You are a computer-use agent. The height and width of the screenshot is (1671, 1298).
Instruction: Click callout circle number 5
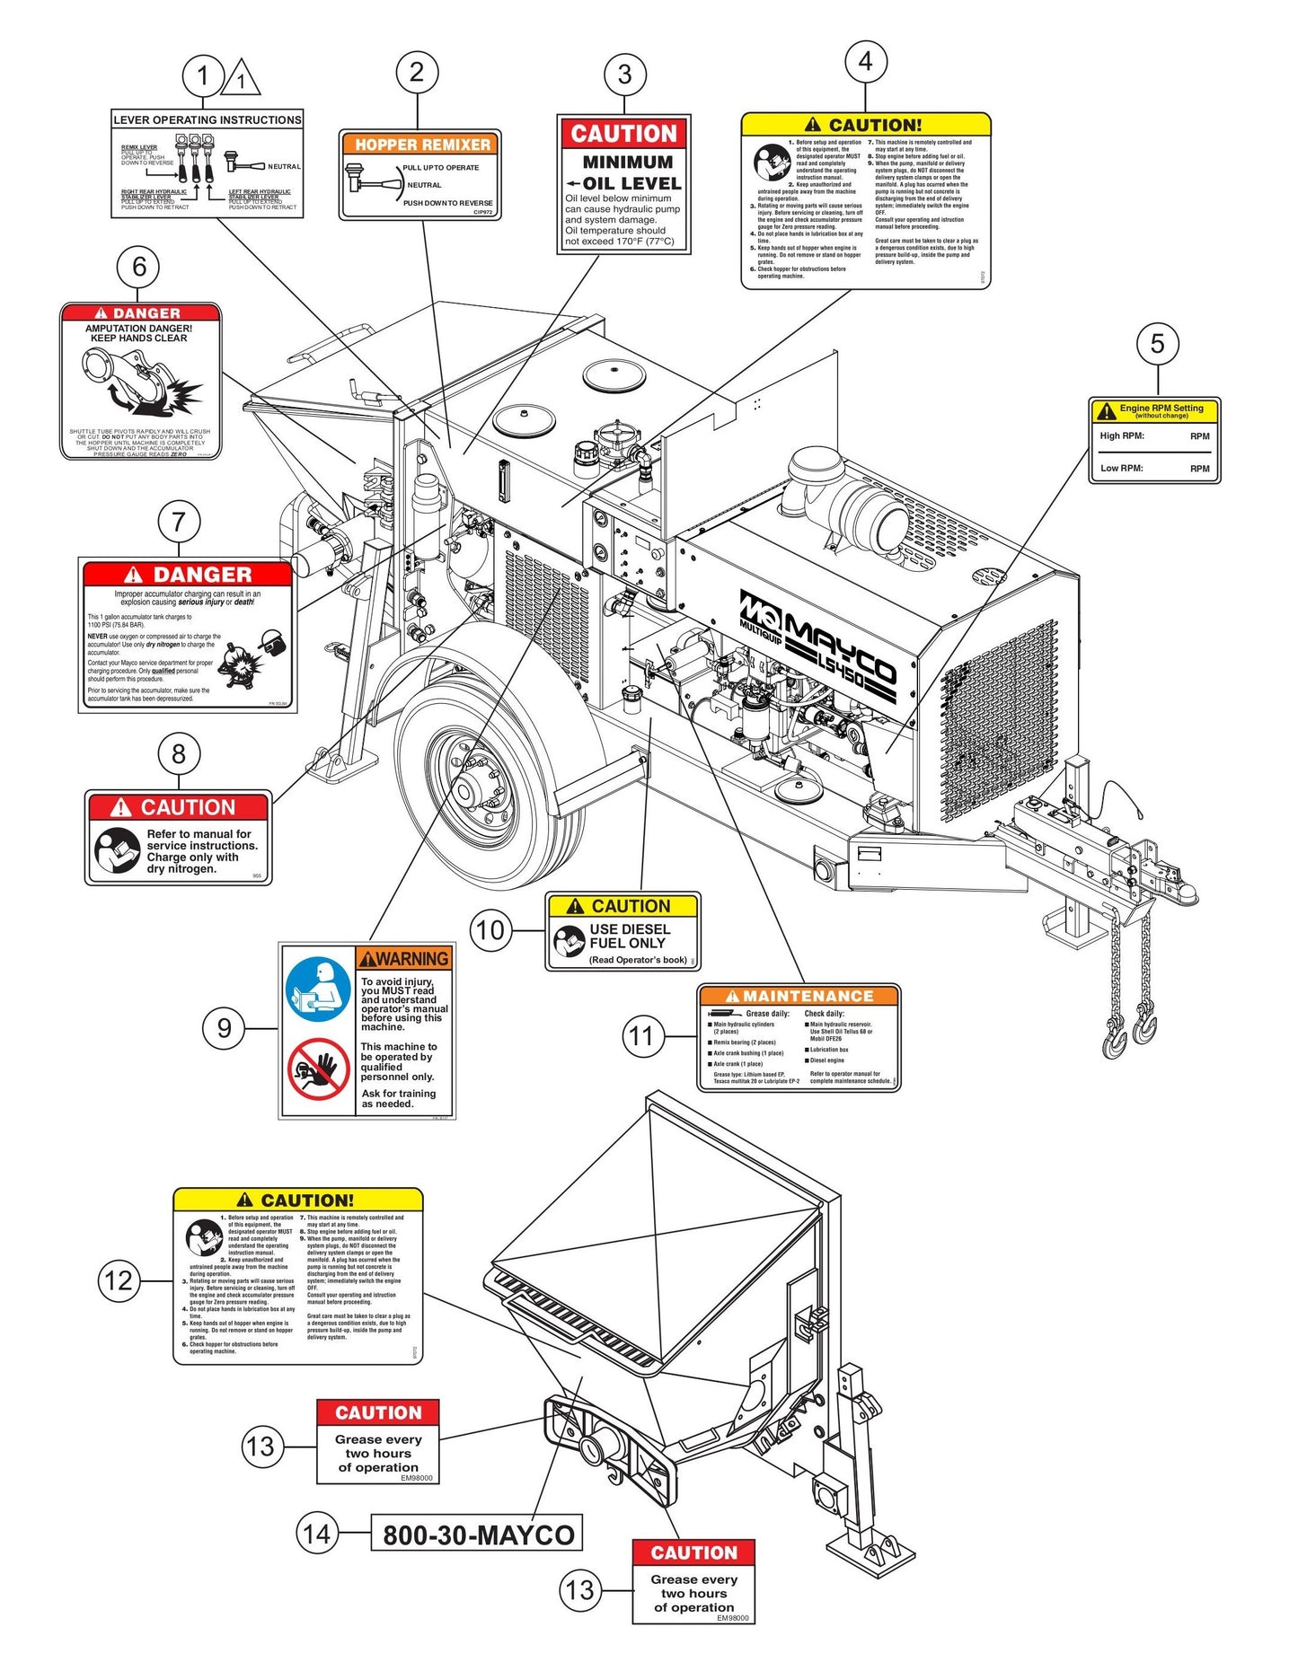tap(1157, 344)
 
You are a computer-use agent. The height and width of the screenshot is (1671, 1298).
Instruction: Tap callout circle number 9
tap(224, 1028)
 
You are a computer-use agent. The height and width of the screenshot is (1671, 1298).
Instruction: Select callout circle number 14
tap(317, 1533)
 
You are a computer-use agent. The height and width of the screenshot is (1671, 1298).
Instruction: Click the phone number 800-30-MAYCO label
tap(478, 1535)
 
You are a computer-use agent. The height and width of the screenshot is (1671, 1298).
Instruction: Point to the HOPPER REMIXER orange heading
tap(422, 145)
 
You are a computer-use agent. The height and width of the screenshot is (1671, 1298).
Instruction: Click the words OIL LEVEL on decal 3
tap(631, 183)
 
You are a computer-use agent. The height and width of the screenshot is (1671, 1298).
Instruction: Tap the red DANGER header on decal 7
tap(189, 575)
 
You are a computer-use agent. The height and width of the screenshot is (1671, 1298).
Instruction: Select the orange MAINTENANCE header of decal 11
tap(799, 996)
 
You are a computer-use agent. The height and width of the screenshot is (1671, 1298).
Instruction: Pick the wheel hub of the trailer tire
tap(466, 791)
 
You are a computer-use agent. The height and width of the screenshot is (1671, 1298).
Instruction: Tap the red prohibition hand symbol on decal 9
tap(318, 1069)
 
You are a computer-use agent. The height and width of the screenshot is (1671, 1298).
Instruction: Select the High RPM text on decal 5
tap(1122, 436)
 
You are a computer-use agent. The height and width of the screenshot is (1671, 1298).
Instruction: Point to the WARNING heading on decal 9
tap(404, 959)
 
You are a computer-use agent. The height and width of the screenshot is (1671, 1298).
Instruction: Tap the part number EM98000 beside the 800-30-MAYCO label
tap(417, 1477)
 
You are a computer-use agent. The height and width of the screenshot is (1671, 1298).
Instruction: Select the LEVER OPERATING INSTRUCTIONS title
tap(208, 119)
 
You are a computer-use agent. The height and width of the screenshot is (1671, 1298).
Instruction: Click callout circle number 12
tap(119, 1280)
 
